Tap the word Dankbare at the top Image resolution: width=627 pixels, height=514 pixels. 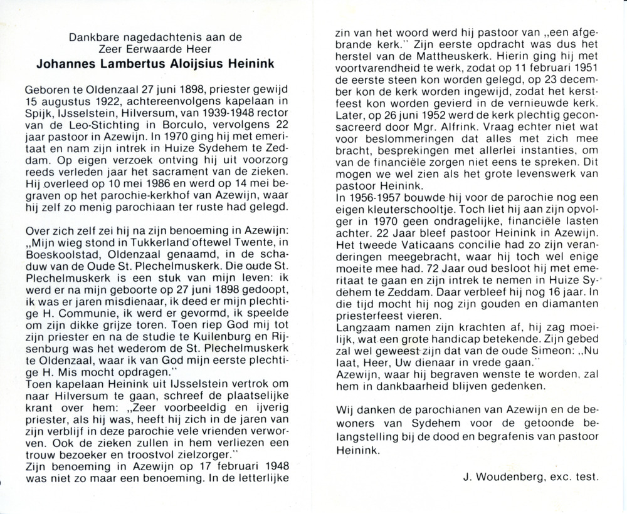90,38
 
